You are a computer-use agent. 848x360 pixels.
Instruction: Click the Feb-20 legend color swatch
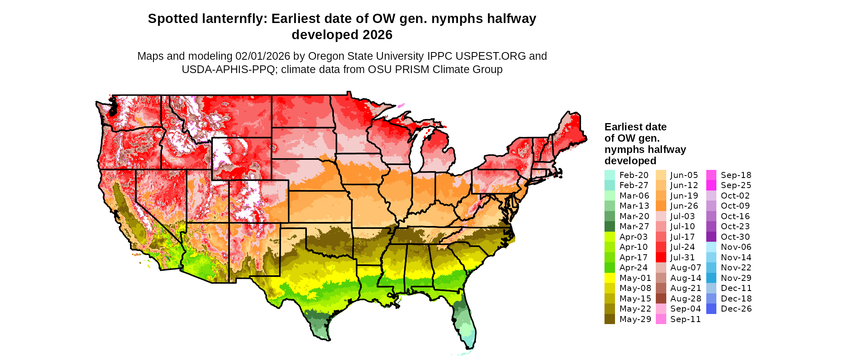pos(609,175)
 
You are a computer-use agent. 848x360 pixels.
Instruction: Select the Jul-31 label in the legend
pos(682,257)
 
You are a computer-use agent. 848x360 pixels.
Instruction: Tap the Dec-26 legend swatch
pos(712,309)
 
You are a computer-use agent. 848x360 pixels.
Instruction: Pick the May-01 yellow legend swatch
pos(609,278)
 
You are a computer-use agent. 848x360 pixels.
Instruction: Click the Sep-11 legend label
pos(685,319)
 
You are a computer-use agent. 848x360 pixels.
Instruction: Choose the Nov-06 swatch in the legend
pos(712,247)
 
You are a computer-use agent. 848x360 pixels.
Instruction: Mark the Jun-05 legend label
pos(684,175)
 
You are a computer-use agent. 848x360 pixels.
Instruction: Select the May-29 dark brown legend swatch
pos(609,319)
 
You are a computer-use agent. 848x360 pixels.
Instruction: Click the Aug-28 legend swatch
pos(661,299)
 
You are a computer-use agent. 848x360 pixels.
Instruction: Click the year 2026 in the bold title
pos(377,35)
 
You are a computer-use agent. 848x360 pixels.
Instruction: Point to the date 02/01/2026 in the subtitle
pos(263,56)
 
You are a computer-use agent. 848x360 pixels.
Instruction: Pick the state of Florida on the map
pos(464,319)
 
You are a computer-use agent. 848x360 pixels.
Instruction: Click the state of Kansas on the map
pos(319,206)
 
